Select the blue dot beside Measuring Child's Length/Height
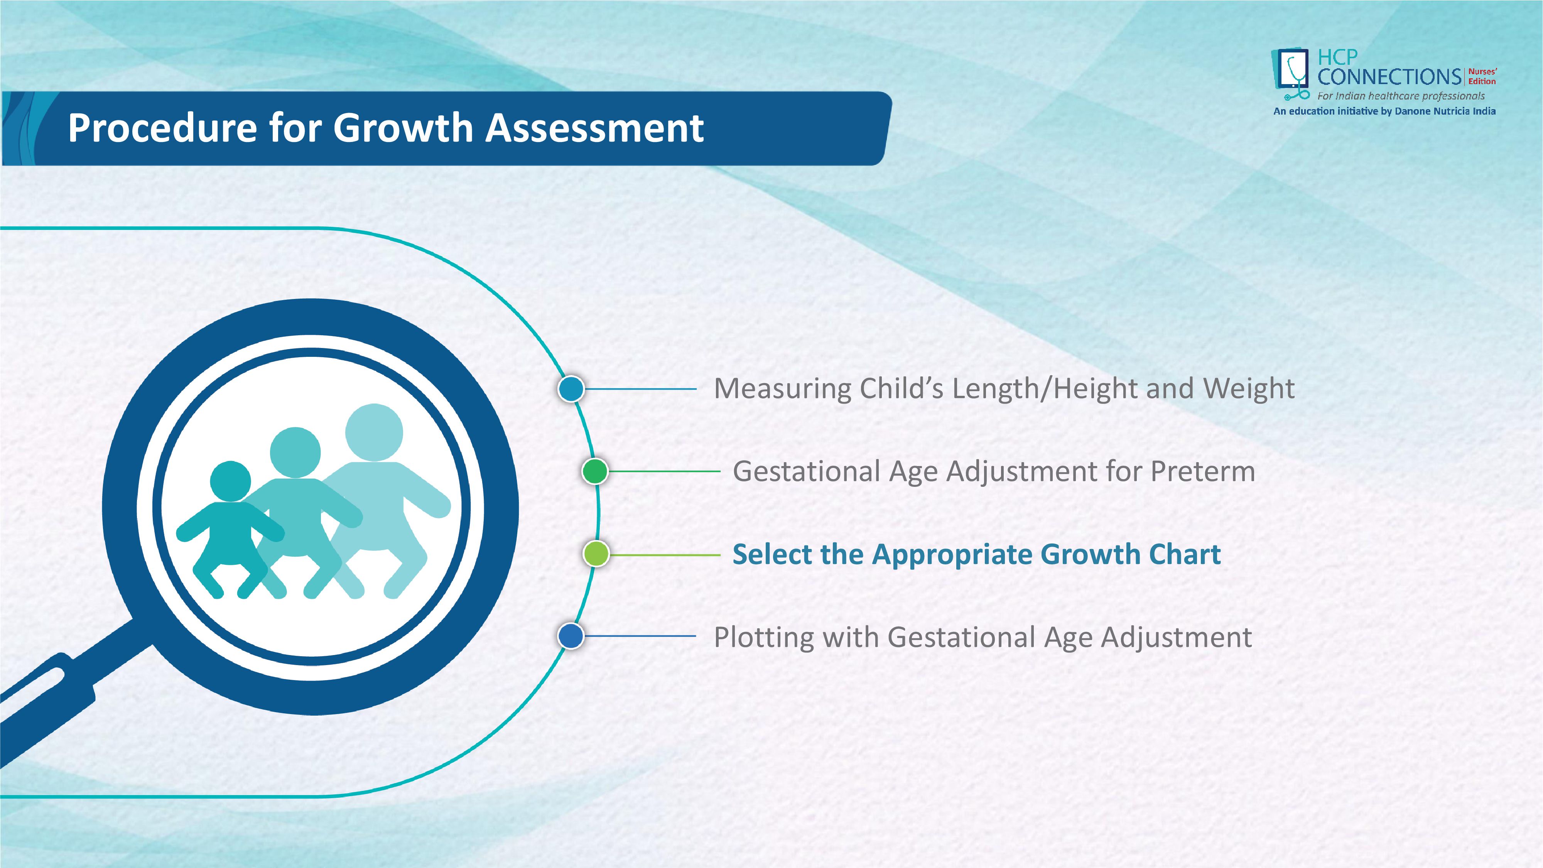tap(571, 389)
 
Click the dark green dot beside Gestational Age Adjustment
tap(595, 471)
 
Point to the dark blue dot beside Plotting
tap(571, 636)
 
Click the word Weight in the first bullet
tap(1249, 389)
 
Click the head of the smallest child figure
tap(231, 481)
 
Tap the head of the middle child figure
tap(295, 452)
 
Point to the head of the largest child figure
tap(374, 432)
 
